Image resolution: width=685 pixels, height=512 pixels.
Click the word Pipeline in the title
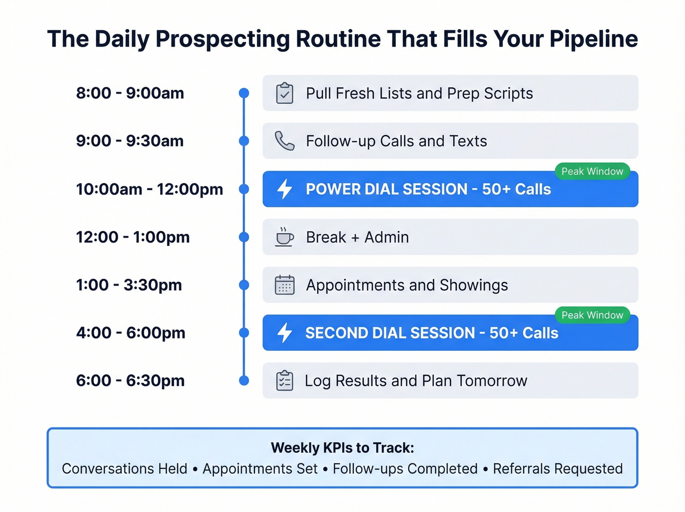click(x=594, y=39)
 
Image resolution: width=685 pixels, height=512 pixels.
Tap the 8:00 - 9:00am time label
click(x=130, y=93)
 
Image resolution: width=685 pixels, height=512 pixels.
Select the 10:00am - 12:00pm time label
click(x=149, y=189)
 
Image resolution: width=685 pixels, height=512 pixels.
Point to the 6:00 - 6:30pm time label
click(x=130, y=381)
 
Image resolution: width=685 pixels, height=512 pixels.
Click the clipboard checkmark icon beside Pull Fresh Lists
click(x=285, y=93)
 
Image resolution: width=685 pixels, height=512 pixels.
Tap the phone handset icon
click(x=284, y=141)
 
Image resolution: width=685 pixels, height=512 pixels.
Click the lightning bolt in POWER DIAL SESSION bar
click(x=285, y=189)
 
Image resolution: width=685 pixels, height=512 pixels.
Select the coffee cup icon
click(x=284, y=237)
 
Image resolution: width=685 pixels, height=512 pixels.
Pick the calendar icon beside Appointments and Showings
click(x=284, y=285)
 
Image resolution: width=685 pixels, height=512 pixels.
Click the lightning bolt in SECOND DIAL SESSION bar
click(x=285, y=333)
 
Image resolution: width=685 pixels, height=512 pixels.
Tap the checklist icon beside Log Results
click(x=284, y=381)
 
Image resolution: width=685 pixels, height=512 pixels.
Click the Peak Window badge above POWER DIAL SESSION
click(x=592, y=171)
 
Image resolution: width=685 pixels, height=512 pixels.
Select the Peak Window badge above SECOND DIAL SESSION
click(x=592, y=315)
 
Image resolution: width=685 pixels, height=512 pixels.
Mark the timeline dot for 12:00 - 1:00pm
click(x=244, y=237)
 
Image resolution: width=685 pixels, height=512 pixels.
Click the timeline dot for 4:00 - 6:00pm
click(x=244, y=333)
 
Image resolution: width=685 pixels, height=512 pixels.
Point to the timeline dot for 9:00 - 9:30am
click(x=244, y=141)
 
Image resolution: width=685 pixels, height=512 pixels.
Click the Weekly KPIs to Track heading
click(x=342, y=448)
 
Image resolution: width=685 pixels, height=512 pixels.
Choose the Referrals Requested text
click(x=558, y=469)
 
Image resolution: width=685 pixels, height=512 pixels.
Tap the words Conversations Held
click(x=124, y=469)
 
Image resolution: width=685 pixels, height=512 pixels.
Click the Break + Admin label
click(x=357, y=237)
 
